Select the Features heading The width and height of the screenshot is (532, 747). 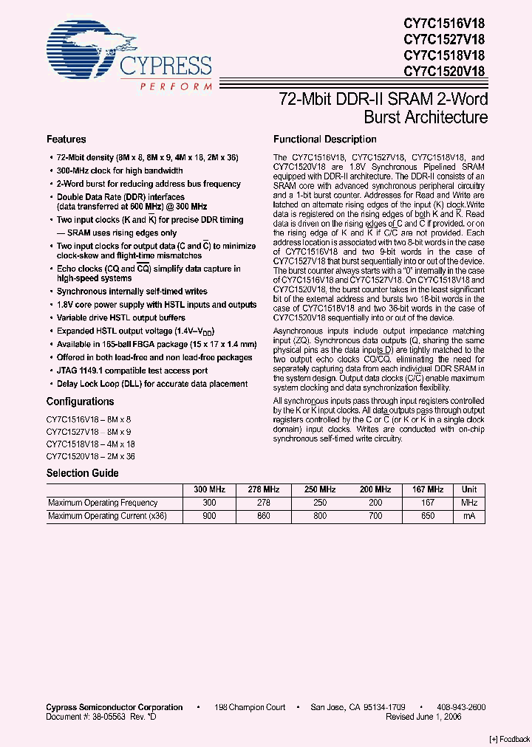pyautogui.click(x=66, y=140)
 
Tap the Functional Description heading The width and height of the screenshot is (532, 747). pyautogui.click(x=324, y=140)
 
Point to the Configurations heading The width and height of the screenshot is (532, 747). pyautogui.click(x=80, y=402)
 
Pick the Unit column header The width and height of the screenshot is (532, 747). pyautogui.click(x=468, y=489)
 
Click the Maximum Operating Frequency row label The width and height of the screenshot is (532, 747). pyautogui.click(x=103, y=503)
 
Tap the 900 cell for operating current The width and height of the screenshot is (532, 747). pyautogui.click(x=209, y=517)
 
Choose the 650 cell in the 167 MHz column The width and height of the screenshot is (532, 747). pyautogui.click(x=429, y=517)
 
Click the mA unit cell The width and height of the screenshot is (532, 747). pyautogui.click(x=468, y=517)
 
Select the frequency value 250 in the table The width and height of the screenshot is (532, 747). pyautogui.click(x=318, y=503)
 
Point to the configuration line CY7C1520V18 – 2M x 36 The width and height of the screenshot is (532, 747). pyautogui.click(x=90, y=457)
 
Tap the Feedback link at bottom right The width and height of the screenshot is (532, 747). pyautogui.click(x=509, y=739)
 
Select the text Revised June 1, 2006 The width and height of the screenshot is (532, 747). pyautogui.click(x=423, y=717)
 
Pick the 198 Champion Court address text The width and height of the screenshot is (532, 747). pyautogui.click(x=250, y=707)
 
